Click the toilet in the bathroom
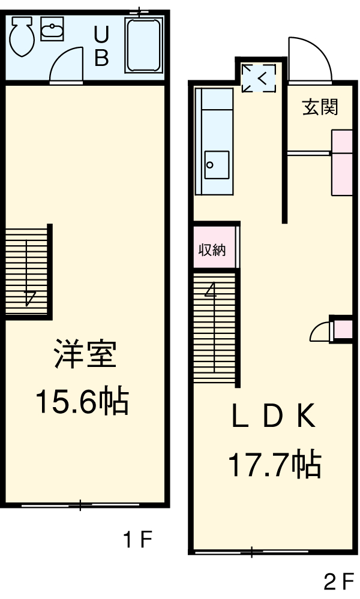pyautogui.click(x=22, y=35)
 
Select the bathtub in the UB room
pyautogui.click(x=144, y=44)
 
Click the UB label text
pyautogui.click(x=101, y=46)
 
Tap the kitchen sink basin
pyautogui.click(x=216, y=164)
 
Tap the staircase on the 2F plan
pyautogui.click(x=214, y=327)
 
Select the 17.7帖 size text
pyautogui.click(x=274, y=465)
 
